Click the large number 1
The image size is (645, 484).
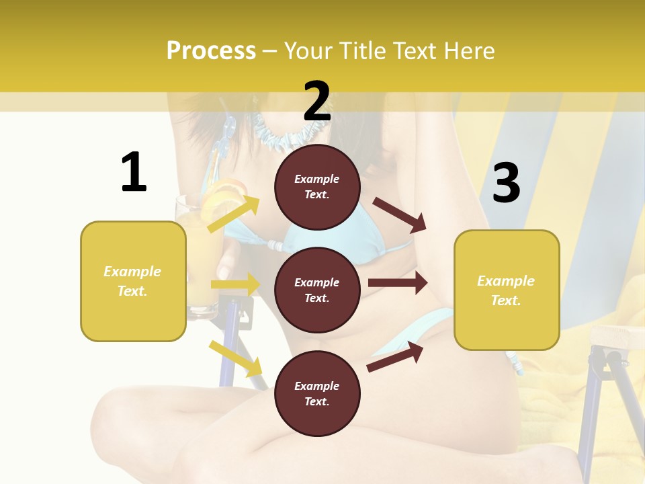134,172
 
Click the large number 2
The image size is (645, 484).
317,102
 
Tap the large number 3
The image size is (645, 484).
506,183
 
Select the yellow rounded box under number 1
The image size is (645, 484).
133,281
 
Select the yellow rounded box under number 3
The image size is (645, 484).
507,290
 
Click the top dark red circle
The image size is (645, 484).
317,187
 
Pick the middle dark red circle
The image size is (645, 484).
317,290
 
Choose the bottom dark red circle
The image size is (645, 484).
317,393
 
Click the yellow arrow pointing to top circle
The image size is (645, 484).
234,214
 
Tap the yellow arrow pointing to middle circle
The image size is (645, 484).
235,284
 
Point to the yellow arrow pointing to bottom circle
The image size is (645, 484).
235,358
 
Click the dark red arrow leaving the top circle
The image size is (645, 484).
399,215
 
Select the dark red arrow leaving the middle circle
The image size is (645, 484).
398,283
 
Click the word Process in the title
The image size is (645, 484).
211,50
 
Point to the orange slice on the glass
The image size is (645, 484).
222,196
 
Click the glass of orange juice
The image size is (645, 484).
199,262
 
